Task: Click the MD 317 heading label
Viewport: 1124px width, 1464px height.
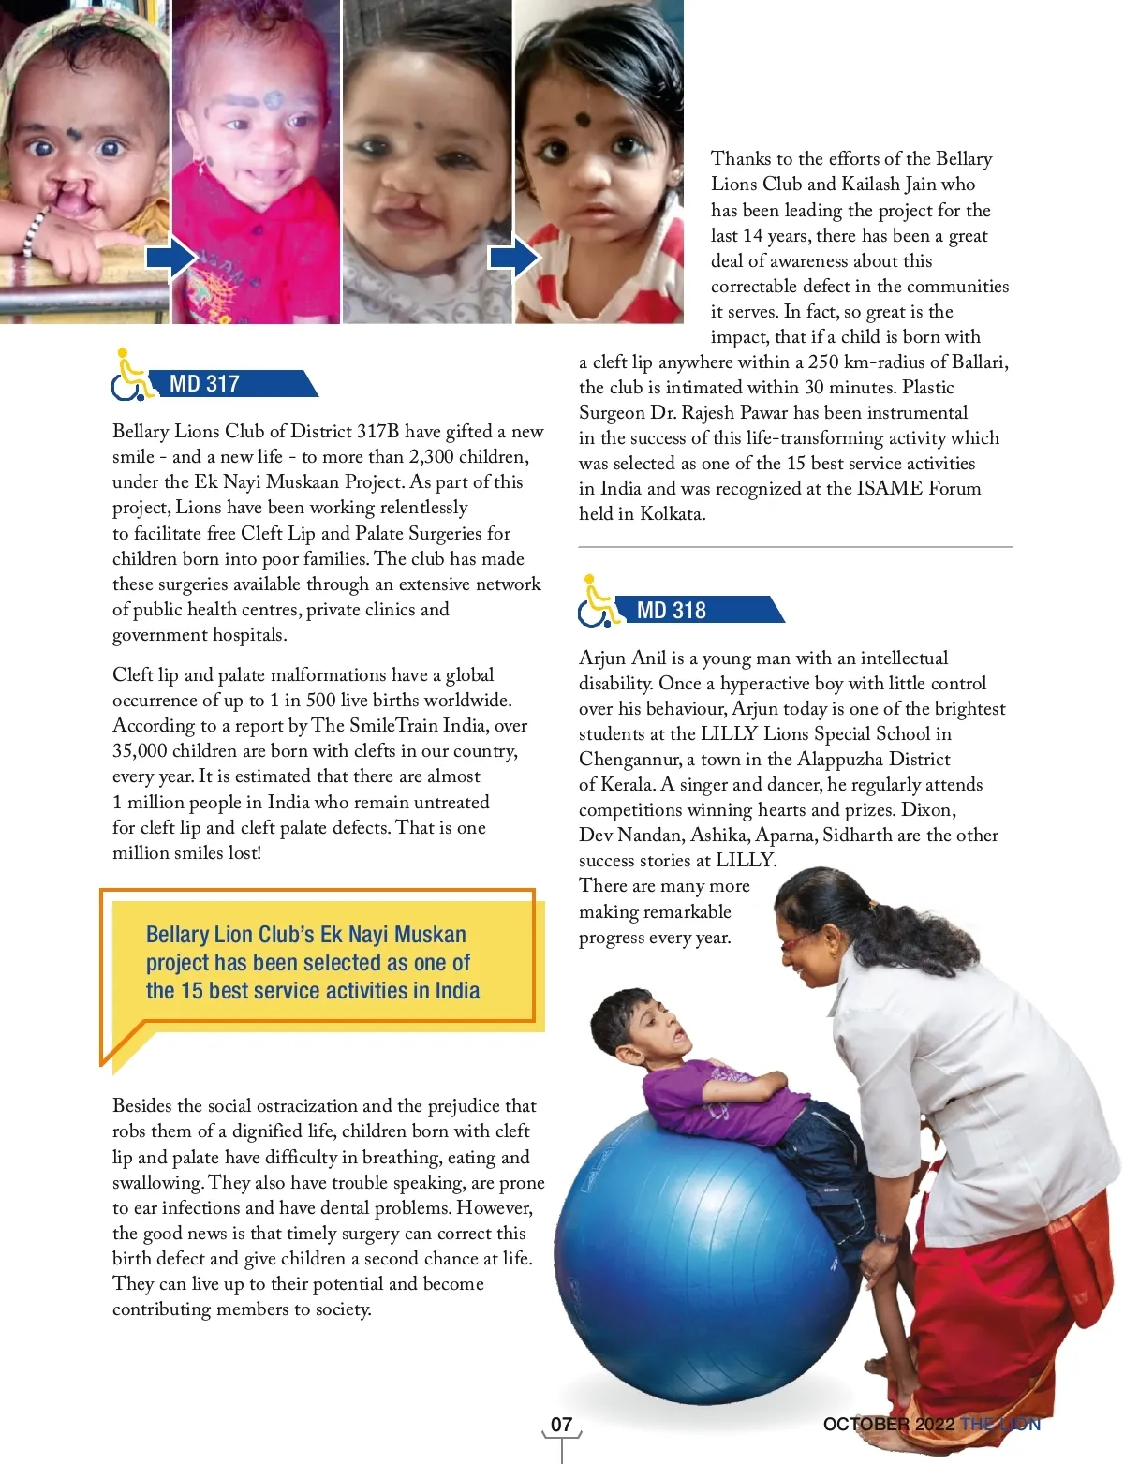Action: pyautogui.click(x=204, y=384)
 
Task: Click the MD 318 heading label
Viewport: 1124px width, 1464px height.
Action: pyautogui.click(x=671, y=611)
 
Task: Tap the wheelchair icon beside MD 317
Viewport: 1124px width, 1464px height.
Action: pyautogui.click(x=132, y=377)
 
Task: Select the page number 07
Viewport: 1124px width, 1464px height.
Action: pyautogui.click(x=561, y=1425)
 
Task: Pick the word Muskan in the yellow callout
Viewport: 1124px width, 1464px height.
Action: pyautogui.click(x=430, y=935)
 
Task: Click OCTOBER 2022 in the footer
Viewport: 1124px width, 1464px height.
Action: pyautogui.click(x=888, y=1425)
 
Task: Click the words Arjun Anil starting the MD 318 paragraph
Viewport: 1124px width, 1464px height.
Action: pyautogui.click(x=623, y=658)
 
